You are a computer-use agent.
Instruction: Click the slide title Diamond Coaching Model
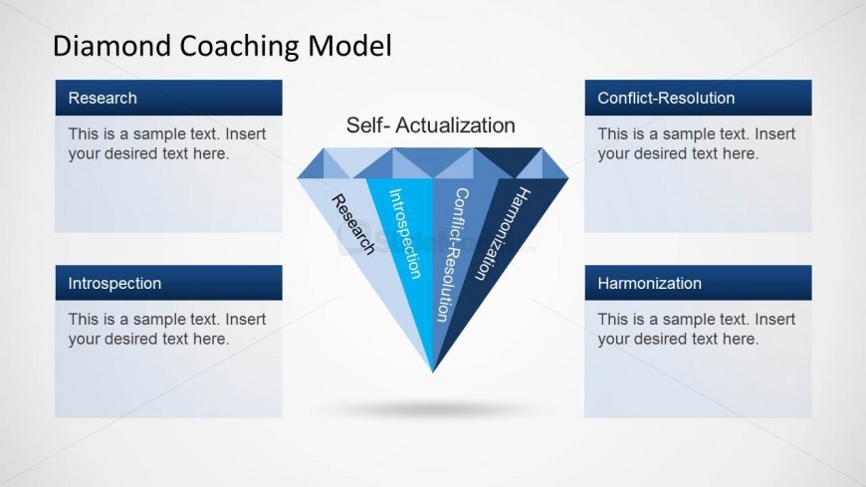[222, 46]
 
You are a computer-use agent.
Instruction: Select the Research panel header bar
[168, 98]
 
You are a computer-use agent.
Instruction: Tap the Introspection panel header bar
[168, 283]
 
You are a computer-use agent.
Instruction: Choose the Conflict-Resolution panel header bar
[698, 98]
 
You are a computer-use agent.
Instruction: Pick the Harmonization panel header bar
[698, 283]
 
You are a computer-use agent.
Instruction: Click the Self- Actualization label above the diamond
[430, 125]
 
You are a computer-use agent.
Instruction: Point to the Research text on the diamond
[352, 223]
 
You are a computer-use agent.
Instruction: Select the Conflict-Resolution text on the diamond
[452, 252]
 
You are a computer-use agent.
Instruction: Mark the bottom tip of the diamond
[433, 370]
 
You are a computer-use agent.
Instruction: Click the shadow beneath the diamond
[433, 409]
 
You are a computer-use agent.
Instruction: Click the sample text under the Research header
[167, 143]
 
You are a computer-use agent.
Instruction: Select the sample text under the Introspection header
[167, 329]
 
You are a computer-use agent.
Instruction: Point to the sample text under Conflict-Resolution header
[697, 143]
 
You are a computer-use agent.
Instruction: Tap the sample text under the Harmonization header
[697, 329]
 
